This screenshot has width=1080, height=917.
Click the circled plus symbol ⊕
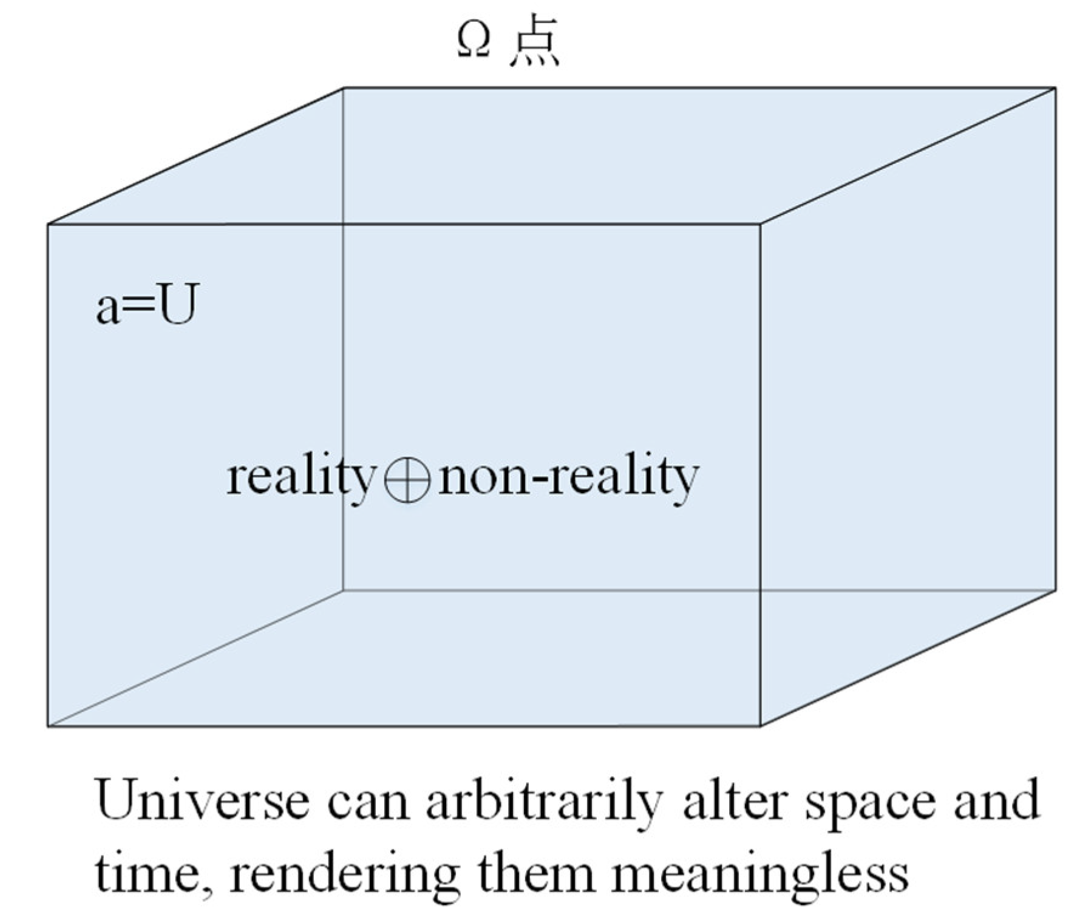(x=407, y=479)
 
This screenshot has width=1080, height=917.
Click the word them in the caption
(x=534, y=873)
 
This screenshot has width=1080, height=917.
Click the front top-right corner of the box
(x=761, y=224)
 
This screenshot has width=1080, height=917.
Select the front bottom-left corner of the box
(x=48, y=726)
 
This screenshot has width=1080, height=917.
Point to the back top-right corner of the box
(x=1055, y=88)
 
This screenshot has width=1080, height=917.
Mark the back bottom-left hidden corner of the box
(x=343, y=590)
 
